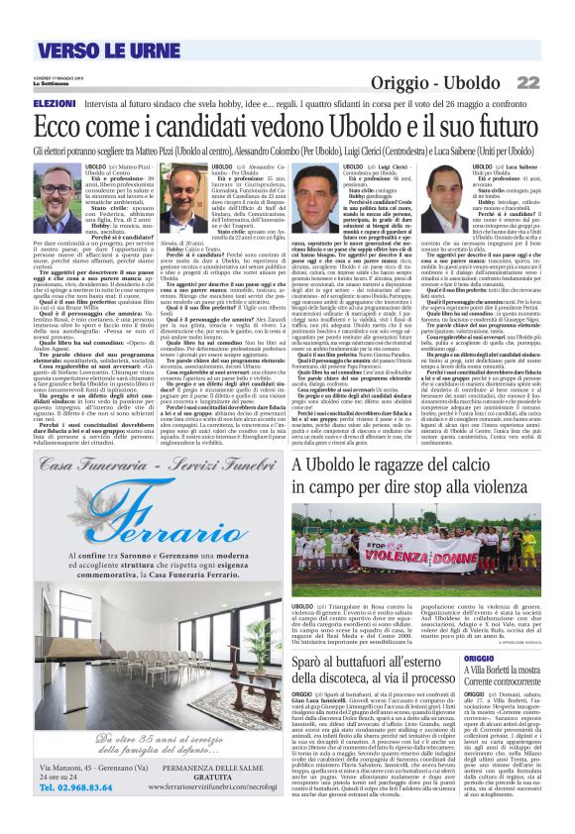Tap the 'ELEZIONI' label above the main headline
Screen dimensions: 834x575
tap(56, 103)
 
